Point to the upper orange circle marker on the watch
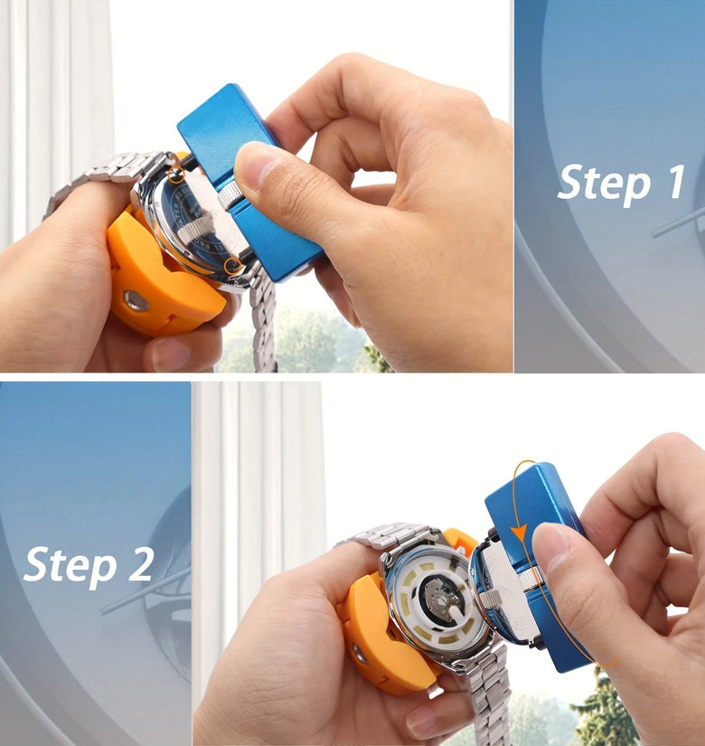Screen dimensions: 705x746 [x=176, y=175]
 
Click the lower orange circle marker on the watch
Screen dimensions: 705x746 [x=232, y=266]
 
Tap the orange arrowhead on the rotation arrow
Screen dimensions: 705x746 [x=520, y=532]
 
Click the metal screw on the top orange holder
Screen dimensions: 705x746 [x=136, y=301]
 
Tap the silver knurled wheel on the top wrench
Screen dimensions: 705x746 [x=230, y=196]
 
